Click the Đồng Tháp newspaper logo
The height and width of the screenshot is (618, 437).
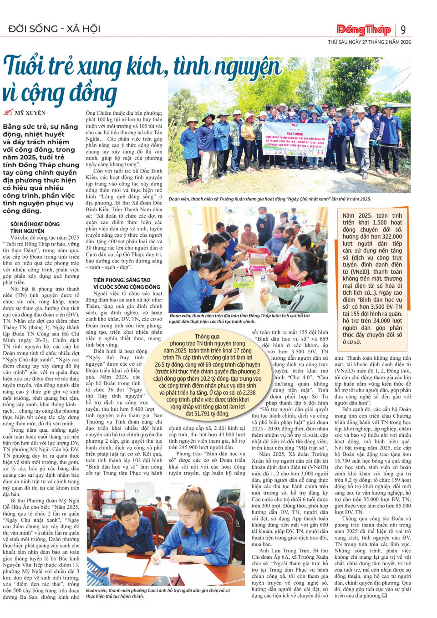point(363,30)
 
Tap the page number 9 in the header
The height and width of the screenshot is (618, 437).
point(403,30)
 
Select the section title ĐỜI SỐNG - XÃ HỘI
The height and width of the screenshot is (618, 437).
point(54,29)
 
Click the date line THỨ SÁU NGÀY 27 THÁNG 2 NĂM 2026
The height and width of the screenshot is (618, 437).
point(369,42)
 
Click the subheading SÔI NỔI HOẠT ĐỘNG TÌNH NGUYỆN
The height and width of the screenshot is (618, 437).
point(35,228)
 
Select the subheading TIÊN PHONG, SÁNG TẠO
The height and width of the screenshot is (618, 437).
point(122,280)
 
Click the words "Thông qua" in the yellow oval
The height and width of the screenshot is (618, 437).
point(207,337)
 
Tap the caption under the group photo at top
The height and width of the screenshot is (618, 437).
point(269,199)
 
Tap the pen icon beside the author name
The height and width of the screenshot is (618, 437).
point(8,112)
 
